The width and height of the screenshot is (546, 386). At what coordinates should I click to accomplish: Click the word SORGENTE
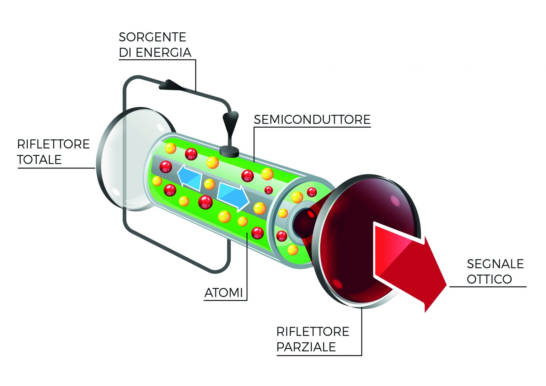[x=152, y=37]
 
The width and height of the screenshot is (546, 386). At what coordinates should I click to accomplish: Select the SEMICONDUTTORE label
[x=312, y=120]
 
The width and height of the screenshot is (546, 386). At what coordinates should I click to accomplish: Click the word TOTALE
[x=39, y=160]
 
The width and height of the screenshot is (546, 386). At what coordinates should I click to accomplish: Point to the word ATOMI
[x=224, y=293]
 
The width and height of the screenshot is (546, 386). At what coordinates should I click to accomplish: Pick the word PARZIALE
[x=306, y=347]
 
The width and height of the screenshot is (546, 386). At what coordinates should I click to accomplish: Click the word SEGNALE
[x=495, y=264]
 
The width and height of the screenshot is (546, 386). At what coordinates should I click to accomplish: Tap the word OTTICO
[x=489, y=279]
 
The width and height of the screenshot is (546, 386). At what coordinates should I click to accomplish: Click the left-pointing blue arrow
[x=189, y=177]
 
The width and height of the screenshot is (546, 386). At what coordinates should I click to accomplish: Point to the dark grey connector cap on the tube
[x=229, y=151]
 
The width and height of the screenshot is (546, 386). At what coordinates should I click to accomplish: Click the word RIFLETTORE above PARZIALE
[x=313, y=332]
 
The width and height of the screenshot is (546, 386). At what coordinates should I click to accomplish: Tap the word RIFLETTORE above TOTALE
[x=53, y=144]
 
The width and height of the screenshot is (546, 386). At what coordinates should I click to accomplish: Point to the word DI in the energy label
[x=125, y=53]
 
